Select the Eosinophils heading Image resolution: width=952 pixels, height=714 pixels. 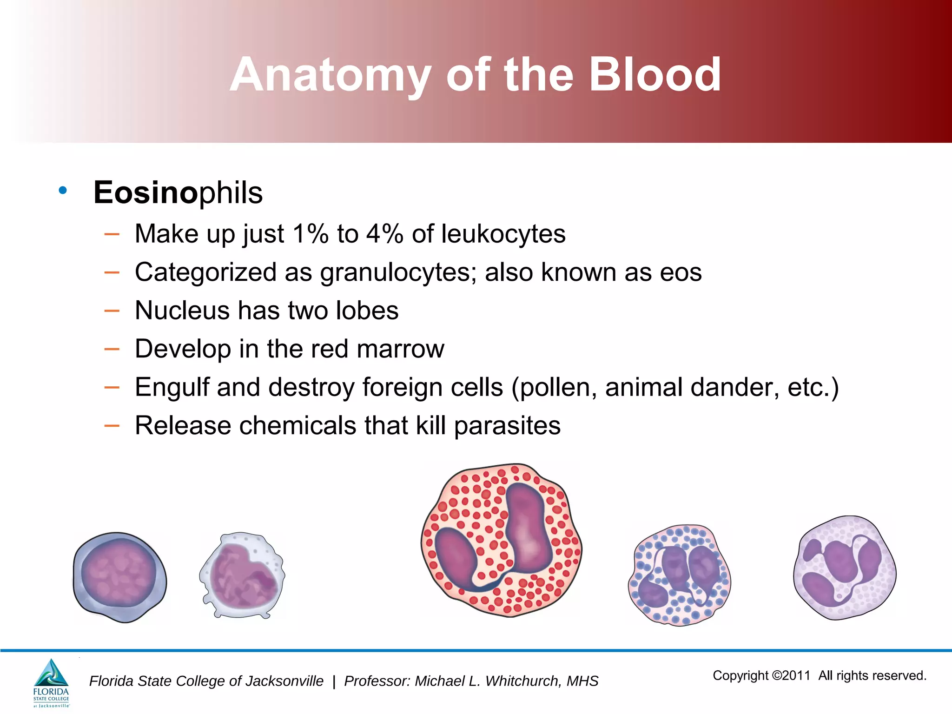tap(178, 192)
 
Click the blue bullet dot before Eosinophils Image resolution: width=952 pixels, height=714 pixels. tap(63, 190)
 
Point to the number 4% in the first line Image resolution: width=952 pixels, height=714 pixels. tap(384, 233)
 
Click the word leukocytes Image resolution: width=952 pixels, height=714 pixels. tap(503, 233)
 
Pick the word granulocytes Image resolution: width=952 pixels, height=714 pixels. tap(398, 272)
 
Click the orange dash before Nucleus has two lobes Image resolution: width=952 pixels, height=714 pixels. tap(112, 311)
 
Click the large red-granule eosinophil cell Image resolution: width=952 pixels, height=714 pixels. tap(501, 540)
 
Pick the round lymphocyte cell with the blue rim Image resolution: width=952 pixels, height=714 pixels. tap(119, 576)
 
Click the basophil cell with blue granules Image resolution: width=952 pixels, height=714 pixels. tap(679, 575)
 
